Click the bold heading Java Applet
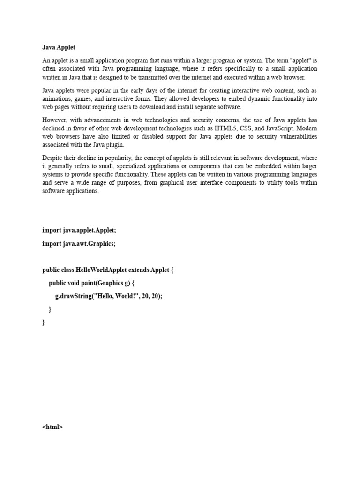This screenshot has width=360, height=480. [x=59, y=47]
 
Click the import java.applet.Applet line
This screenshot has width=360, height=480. [x=79, y=230]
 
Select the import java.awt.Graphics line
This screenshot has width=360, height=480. [x=78, y=244]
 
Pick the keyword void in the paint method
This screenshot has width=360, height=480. [x=76, y=283]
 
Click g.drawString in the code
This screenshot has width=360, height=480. [x=74, y=296]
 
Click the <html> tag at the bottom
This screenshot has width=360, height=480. [x=52, y=427]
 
